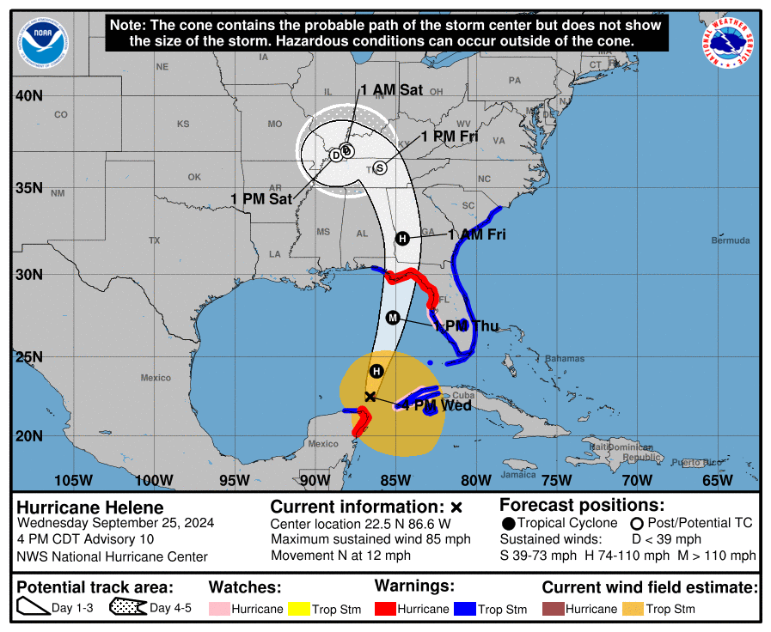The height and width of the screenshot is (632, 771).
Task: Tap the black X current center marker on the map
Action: (x=370, y=397)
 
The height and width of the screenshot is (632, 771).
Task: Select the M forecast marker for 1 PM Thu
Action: (x=393, y=318)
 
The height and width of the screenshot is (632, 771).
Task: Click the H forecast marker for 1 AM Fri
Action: (x=401, y=238)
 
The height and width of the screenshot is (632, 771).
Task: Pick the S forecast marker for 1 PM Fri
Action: (x=379, y=167)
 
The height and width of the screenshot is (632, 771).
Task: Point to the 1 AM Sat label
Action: (x=391, y=90)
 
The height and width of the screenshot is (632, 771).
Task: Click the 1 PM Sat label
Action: (x=261, y=198)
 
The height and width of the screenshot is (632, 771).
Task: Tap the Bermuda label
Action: (x=731, y=240)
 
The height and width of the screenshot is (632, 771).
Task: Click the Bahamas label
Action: (x=565, y=358)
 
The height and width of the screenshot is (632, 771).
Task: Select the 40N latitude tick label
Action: (x=29, y=95)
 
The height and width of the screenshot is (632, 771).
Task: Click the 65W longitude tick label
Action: (x=718, y=479)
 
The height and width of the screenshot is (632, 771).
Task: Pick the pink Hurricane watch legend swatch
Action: (x=219, y=609)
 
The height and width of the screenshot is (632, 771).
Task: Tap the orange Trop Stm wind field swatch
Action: (x=633, y=609)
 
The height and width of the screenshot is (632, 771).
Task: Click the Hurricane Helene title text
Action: (x=90, y=507)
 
